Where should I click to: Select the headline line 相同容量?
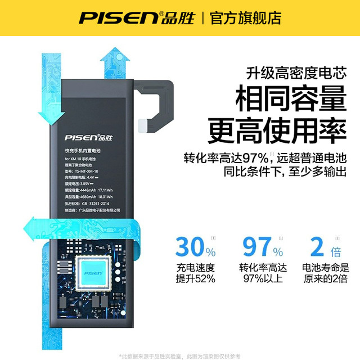(291, 101)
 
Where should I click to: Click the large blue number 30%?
(195, 247)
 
